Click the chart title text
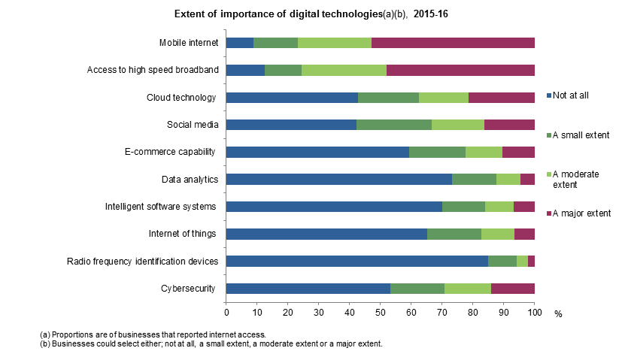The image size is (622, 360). click(311, 14)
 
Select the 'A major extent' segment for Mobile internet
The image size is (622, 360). click(453, 42)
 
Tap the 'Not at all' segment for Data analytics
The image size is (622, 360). click(338, 179)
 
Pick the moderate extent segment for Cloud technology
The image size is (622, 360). click(444, 98)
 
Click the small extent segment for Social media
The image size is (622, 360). click(394, 125)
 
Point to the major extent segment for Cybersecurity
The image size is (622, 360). click(513, 289)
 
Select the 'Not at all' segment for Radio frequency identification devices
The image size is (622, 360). click(357, 261)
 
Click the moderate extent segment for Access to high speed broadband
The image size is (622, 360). click(344, 70)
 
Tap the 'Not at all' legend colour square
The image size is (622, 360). click(549, 95)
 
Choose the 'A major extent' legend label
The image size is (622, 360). click(581, 213)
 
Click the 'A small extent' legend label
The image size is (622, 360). click(581, 135)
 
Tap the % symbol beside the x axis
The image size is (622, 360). click(558, 313)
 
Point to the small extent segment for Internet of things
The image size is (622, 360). click(454, 234)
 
